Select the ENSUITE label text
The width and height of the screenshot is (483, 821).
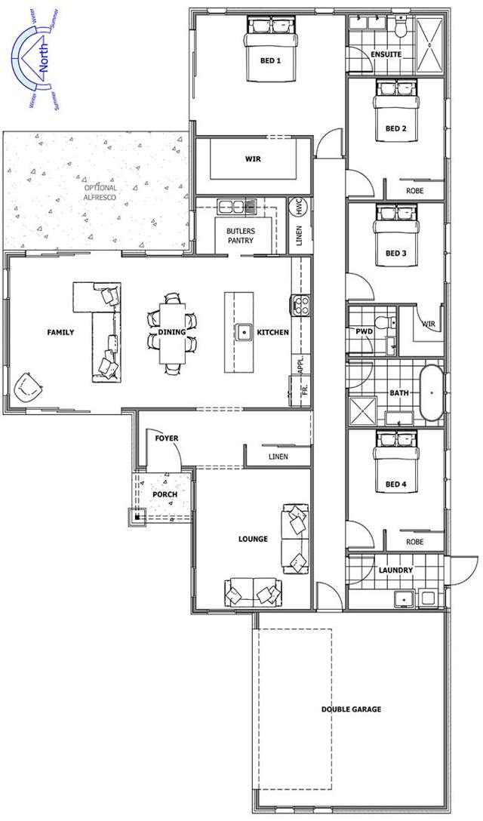[385, 55]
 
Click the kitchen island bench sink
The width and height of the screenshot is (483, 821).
[245, 331]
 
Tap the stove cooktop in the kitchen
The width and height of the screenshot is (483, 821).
[300, 306]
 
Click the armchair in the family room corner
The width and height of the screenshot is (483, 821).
[29, 387]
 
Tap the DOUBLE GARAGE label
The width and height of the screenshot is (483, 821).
[351, 709]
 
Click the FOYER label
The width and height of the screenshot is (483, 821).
[166, 438]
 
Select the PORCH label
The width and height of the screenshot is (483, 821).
[165, 495]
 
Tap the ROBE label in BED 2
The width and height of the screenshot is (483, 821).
[414, 191]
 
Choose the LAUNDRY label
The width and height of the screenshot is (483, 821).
[395, 570]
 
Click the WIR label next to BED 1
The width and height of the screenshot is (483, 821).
[252, 159]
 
